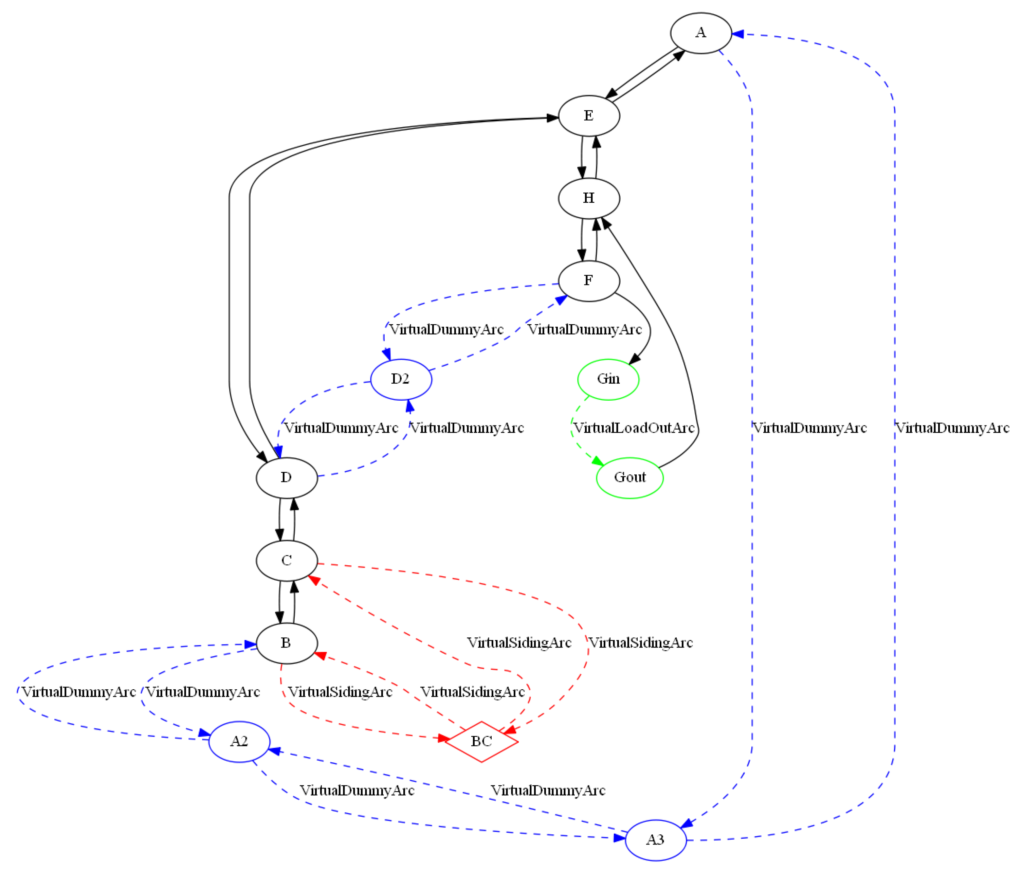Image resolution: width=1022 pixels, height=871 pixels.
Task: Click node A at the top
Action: pyautogui.click(x=700, y=33)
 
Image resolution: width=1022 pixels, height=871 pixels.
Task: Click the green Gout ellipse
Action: pyautogui.click(x=629, y=477)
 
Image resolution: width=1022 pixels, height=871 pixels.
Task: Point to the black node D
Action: pyautogui.click(x=286, y=477)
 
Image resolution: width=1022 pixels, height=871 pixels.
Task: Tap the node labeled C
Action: pyautogui.click(x=286, y=560)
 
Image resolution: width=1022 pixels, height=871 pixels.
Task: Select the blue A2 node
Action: pyautogui.click(x=239, y=741)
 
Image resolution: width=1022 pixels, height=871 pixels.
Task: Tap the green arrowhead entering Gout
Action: pyautogui.click(x=598, y=461)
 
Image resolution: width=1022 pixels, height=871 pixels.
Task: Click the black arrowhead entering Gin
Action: pyautogui.click(x=635, y=359)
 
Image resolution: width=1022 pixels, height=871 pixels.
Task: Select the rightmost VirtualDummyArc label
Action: pyautogui.click(x=952, y=428)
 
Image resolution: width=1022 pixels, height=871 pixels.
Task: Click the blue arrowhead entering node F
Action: pyautogui.click(x=561, y=300)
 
